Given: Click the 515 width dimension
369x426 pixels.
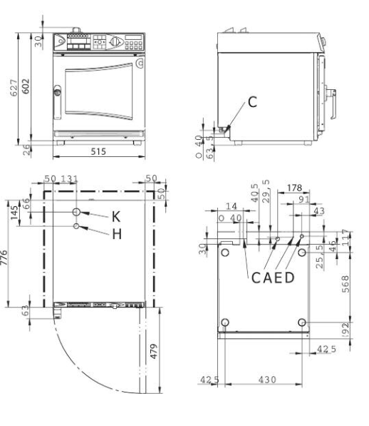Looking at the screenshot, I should point(98,152).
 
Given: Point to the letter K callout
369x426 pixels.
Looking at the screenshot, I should point(116,217).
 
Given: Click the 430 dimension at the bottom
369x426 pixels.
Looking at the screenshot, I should point(264,380).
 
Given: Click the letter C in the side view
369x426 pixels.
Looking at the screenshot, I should point(253,102).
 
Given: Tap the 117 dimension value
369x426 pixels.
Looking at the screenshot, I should point(346,238).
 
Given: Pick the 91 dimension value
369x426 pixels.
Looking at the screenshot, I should point(304,201).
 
